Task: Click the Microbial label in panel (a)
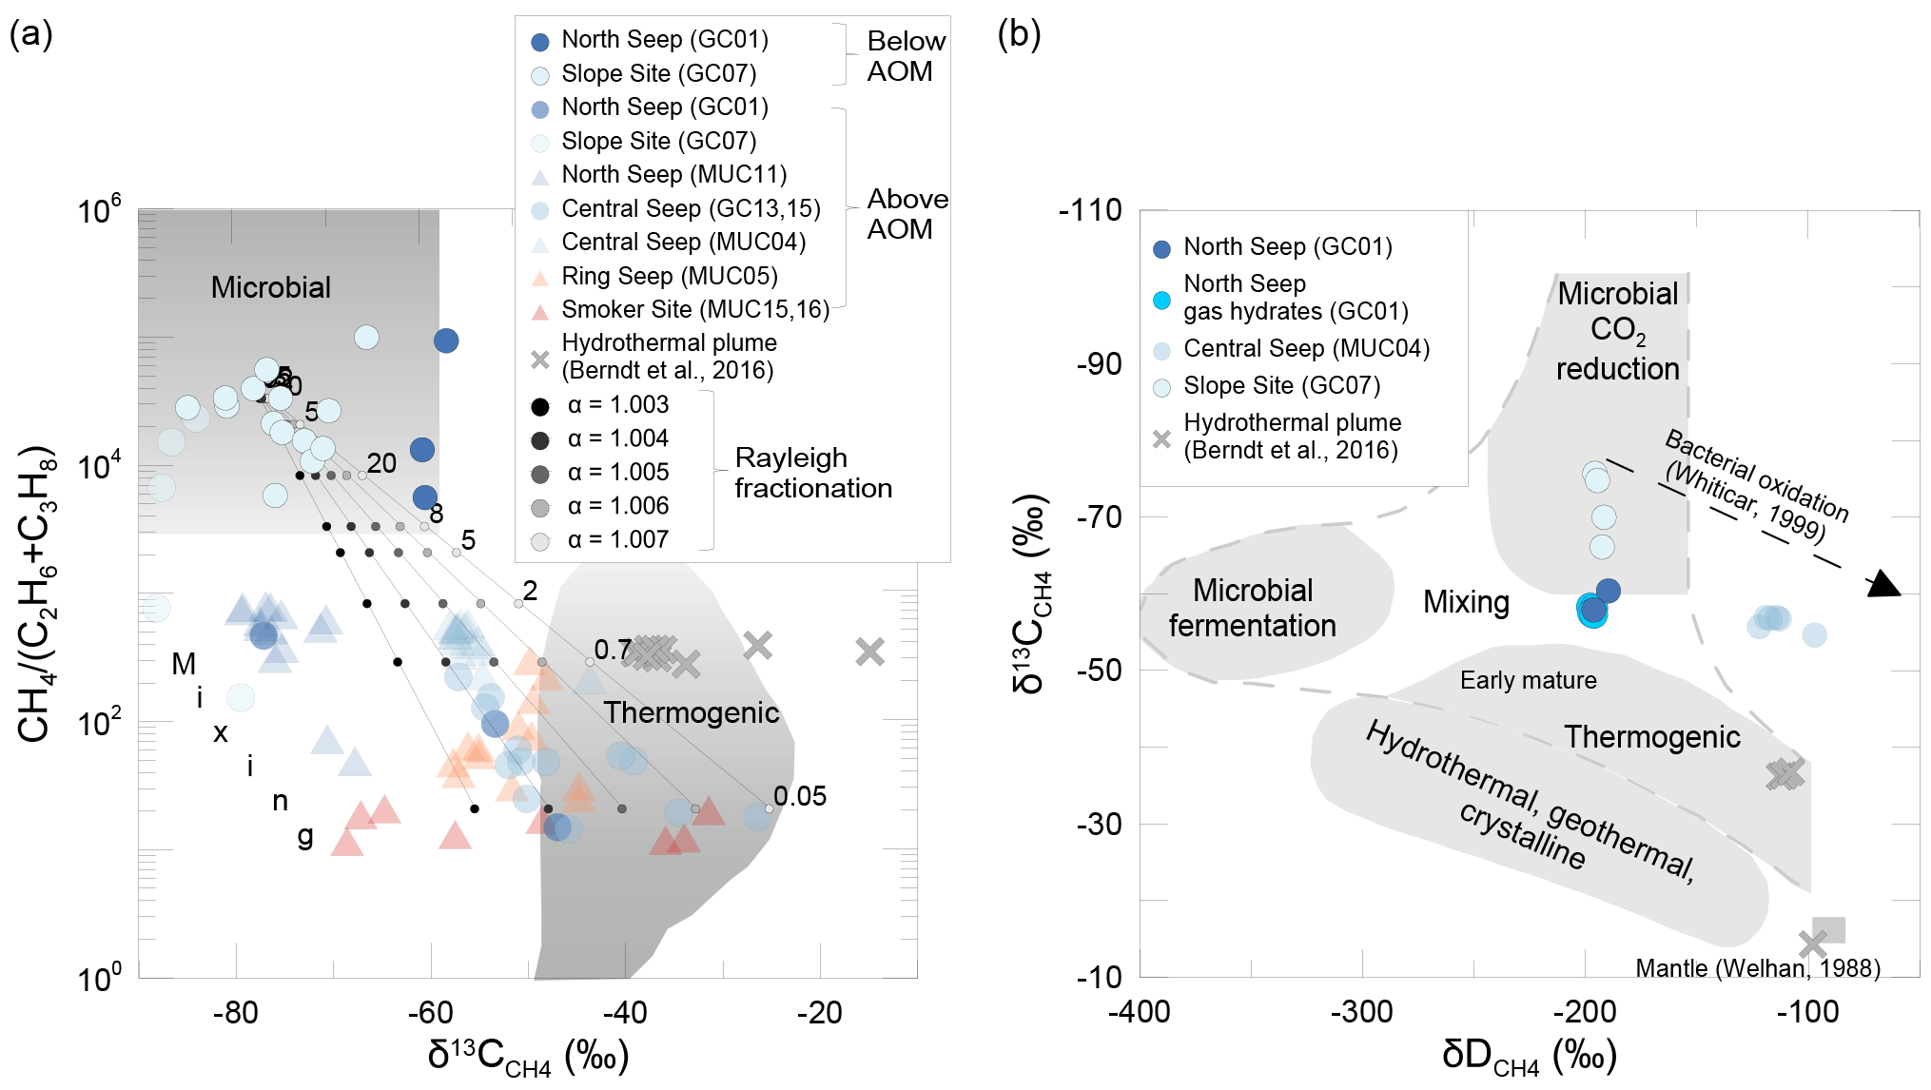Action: [x=270, y=287]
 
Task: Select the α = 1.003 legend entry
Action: [x=617, y=405]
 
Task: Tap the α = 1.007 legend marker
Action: [x=540, y=541]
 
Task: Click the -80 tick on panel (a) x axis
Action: [x=236, y=1013]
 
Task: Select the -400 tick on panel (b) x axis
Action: [x=1140, y=1012]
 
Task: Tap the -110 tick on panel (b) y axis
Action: [x=1090, y=210]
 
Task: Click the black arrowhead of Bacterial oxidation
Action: [x=1882, y=584]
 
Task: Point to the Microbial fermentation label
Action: [x=1253, y=608]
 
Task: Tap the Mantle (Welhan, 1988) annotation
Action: [x=1757, y=968]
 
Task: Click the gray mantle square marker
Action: [x=1829, y=930]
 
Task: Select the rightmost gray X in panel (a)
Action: [x=869, y=652]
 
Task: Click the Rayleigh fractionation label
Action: [x=812, y=473]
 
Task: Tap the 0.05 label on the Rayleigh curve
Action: [x=799, y=796]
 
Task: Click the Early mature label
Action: [x=1528, y=680]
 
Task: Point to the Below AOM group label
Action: [x=905, y=56]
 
